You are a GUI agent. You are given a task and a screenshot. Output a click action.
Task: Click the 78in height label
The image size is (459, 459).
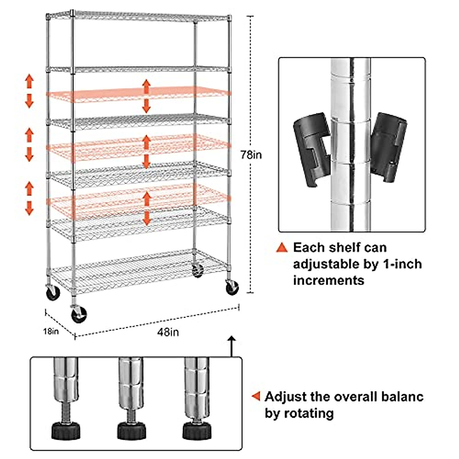pos(251,155)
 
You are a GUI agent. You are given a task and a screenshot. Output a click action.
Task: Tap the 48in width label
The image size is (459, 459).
pos(168,332)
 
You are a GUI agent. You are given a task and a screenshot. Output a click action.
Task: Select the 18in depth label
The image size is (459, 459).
pos(51,331)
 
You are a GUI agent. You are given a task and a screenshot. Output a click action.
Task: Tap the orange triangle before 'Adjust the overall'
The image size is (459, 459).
pos(256,397)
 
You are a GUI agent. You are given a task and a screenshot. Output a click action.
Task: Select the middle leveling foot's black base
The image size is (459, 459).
pos(131,430)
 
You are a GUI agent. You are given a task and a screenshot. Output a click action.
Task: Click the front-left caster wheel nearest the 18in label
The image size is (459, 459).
pos(79,315)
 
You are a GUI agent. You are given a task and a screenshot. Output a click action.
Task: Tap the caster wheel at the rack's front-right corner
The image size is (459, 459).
pos(232,288)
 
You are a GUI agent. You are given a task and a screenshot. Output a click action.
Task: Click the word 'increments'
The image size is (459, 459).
pos(329,280)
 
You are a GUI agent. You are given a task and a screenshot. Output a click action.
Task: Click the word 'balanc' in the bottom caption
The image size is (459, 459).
pos(402,397)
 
